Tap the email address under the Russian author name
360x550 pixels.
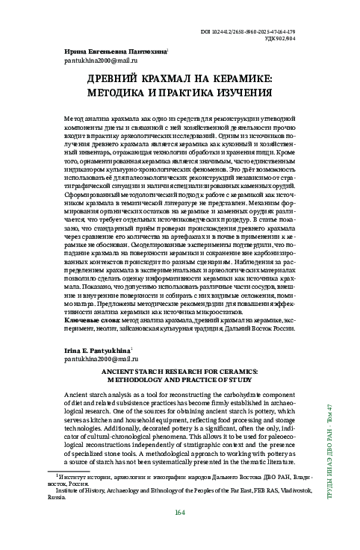pyautogui.click(x=96, y=60)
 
